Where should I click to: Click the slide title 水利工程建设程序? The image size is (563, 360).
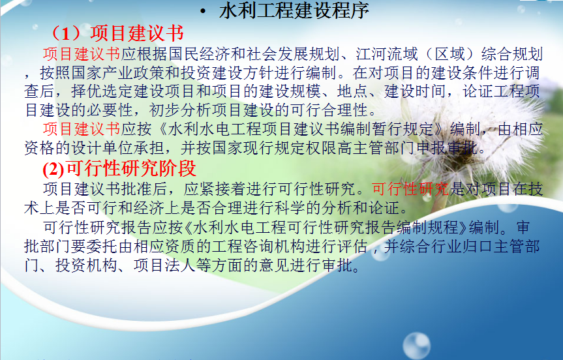click(294, 11)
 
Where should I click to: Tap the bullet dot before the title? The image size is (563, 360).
click(204, 12)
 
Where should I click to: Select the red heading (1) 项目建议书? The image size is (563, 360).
click(117, 33)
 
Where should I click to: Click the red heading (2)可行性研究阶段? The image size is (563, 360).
click(119, 168)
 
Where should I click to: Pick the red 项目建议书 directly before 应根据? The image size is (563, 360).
click(82, 54)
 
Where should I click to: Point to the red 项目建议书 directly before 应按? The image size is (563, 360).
click(82, 129)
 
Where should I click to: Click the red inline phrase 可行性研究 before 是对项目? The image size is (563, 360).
click(410, 188)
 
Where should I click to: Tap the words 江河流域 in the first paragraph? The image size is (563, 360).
click(387, 54)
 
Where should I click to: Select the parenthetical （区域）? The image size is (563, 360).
click(449, 54)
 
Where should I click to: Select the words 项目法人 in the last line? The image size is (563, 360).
click(165, 265)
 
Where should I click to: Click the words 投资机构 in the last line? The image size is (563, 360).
click(87, 265)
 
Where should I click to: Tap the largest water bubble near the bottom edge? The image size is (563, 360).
click(416, 346)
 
